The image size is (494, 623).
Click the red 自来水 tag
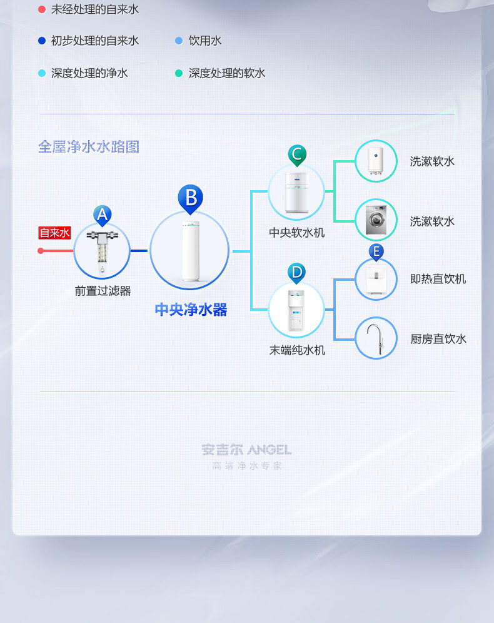pyautogui.click(x=55, y=233)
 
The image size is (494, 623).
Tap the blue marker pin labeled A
pyautogui.click(x=103, y=215)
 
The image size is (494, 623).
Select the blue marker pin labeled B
pyautogui.click(x=190, y=198)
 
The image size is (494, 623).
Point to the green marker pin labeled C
pyautogui.click(x=297, y=154)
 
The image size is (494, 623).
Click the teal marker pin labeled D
pyautogui.click(x=296, y=272)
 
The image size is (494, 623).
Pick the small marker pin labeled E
pyautogui.click(x=376, y=252)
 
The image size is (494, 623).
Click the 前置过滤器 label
pyautogui.click(x=103, y=291)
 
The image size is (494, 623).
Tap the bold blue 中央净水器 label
pyautogui.click(x=191, y=310)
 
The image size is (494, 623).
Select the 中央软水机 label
pyautogui.click(x=297, y=233)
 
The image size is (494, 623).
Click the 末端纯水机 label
pyautogui.click(x=297, y=350)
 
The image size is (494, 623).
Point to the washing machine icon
pyautogui.click(x=376, y=220)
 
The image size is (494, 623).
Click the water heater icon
pyautogui.click(x=376, y=161)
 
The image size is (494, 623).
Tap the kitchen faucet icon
pyautogui.click(x=376, y=338)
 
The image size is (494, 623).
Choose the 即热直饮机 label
pyautogui.click(x=438, y=279)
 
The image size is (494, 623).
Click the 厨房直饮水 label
pyautogui.click(x=438, y=339)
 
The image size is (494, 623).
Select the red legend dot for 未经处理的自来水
pyautogui.click(x=42, y=9)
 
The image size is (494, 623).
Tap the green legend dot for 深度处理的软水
pyautogui.click(x=179, y=73)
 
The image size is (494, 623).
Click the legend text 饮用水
pyautogui.click(x=205, y=41)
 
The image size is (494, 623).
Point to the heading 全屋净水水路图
pyautogui.click(x=89, y=147)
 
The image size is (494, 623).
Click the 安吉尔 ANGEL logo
pyautogui.click(x=246, y=450)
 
